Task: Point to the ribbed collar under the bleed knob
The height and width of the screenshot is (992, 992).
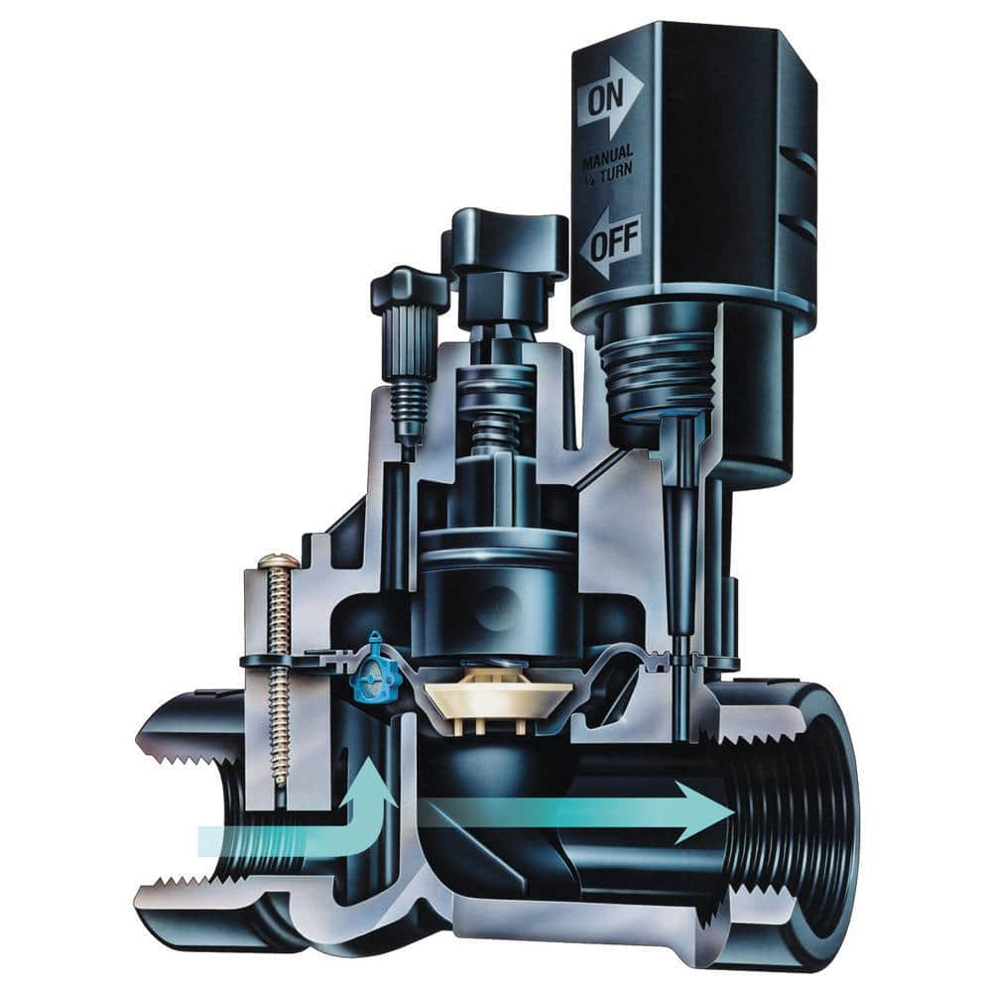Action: [x=406, y=343]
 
